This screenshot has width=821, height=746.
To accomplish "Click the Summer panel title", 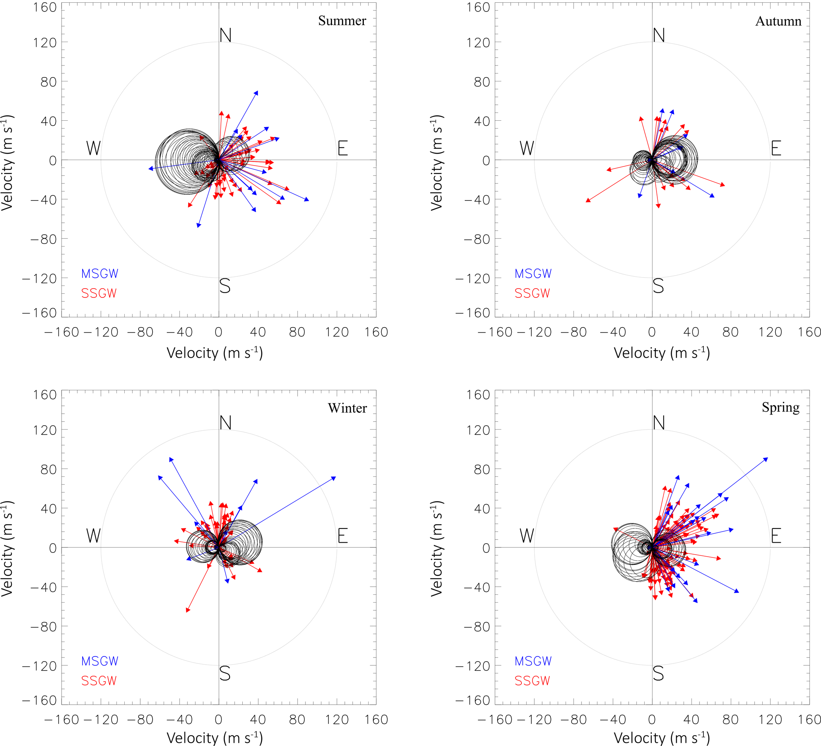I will [342, 21].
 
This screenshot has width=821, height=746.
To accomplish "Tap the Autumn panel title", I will [778, 21].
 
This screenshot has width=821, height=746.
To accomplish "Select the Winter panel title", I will [347, 408].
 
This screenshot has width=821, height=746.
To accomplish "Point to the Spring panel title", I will [780, 407].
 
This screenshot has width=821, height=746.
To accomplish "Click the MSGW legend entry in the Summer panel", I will [100, 274].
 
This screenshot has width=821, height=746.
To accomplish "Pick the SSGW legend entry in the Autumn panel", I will [532, 293].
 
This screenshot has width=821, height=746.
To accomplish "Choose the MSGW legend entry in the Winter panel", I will [100, 661].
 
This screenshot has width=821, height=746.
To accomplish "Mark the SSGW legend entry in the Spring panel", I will [532, 681].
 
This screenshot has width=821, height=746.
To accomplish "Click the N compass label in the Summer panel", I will [225, 35].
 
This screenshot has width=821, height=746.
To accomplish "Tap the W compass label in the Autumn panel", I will [527, 148].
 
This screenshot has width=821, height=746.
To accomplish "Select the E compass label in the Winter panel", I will [342, 536].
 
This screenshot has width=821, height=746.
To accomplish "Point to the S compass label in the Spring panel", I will [658, 674].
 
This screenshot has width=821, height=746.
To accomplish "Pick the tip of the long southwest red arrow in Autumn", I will [586, 201].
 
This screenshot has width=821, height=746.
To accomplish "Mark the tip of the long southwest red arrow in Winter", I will [187, 611].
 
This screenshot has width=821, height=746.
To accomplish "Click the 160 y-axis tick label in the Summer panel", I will [45, 8].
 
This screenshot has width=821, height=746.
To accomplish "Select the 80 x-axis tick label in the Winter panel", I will [297, 719].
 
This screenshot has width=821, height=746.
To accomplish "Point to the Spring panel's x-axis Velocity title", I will [662, 738].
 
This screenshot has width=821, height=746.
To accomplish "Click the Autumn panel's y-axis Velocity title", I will [437, 163].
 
